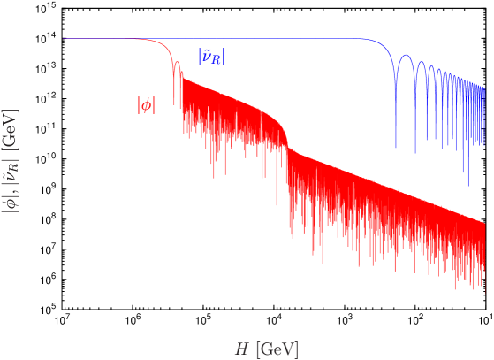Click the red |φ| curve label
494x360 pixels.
pos(146,104)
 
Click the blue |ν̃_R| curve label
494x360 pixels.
pos(210,57)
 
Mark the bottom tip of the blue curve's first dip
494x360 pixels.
pos(397,147)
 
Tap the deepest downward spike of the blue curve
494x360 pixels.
pos(468,185)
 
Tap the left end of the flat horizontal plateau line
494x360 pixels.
pos(63,39)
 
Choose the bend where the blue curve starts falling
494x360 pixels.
pos(382,44)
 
